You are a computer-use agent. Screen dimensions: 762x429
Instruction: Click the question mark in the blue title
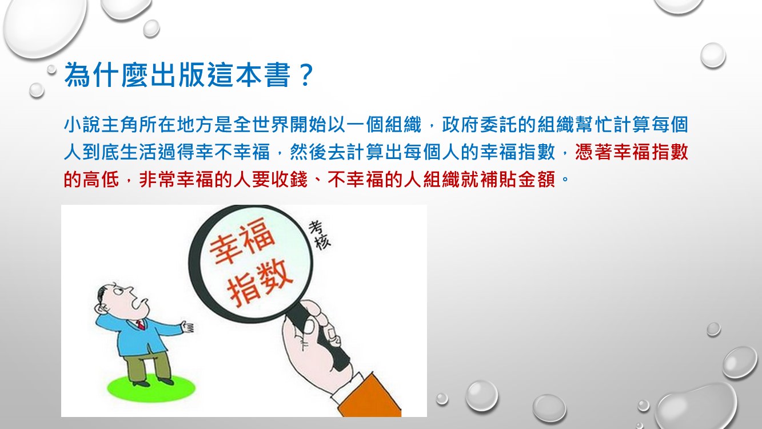(x=306, y=74)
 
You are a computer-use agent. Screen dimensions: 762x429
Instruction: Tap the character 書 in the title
(x=278, y=74)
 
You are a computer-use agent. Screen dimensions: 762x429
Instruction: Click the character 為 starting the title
(x=78, y=74)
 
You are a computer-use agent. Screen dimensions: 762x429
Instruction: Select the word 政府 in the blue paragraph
(x=460, y=124)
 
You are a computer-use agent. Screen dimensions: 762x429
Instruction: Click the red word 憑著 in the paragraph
(x=593, y=152)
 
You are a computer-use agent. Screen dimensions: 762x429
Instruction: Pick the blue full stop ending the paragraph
(x=565, y=179)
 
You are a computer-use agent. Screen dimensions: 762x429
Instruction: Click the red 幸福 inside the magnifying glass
(x=242, y=240)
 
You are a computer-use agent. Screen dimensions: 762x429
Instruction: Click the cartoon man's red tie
(x=140, y=325)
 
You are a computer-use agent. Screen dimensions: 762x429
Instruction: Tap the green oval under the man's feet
(x=151, y=388)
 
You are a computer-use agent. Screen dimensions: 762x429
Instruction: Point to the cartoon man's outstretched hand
(x=187, y=327)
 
